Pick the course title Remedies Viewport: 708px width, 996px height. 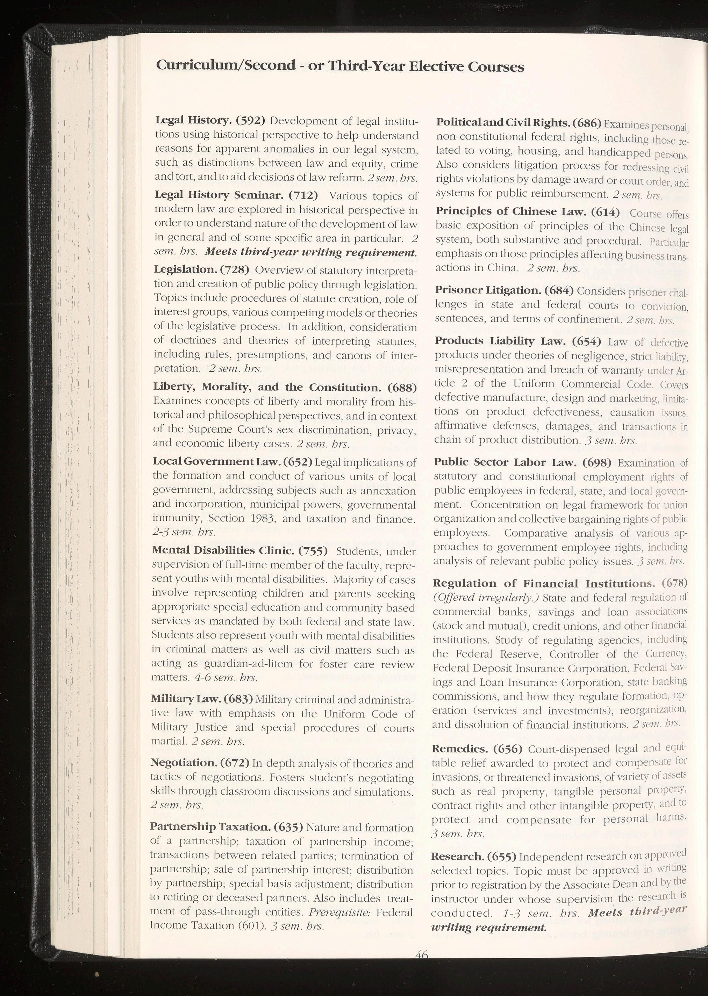click(459, 749)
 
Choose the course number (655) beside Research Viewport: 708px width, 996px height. click(502, 856)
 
